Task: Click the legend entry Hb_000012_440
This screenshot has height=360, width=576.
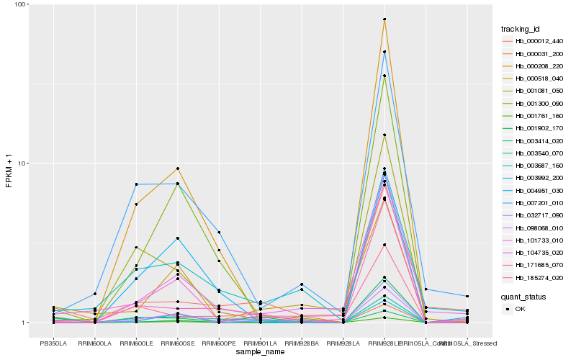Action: [x=534, y=42]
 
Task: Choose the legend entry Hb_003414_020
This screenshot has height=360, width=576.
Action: [x=534, y=140]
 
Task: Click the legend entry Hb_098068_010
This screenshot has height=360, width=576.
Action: [x=534, y=227]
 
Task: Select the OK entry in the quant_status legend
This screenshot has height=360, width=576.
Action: [x=525, y=309]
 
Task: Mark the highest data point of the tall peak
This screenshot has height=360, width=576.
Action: [x=384, y=19]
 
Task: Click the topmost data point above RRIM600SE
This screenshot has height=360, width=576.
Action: [x=177, y=168]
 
